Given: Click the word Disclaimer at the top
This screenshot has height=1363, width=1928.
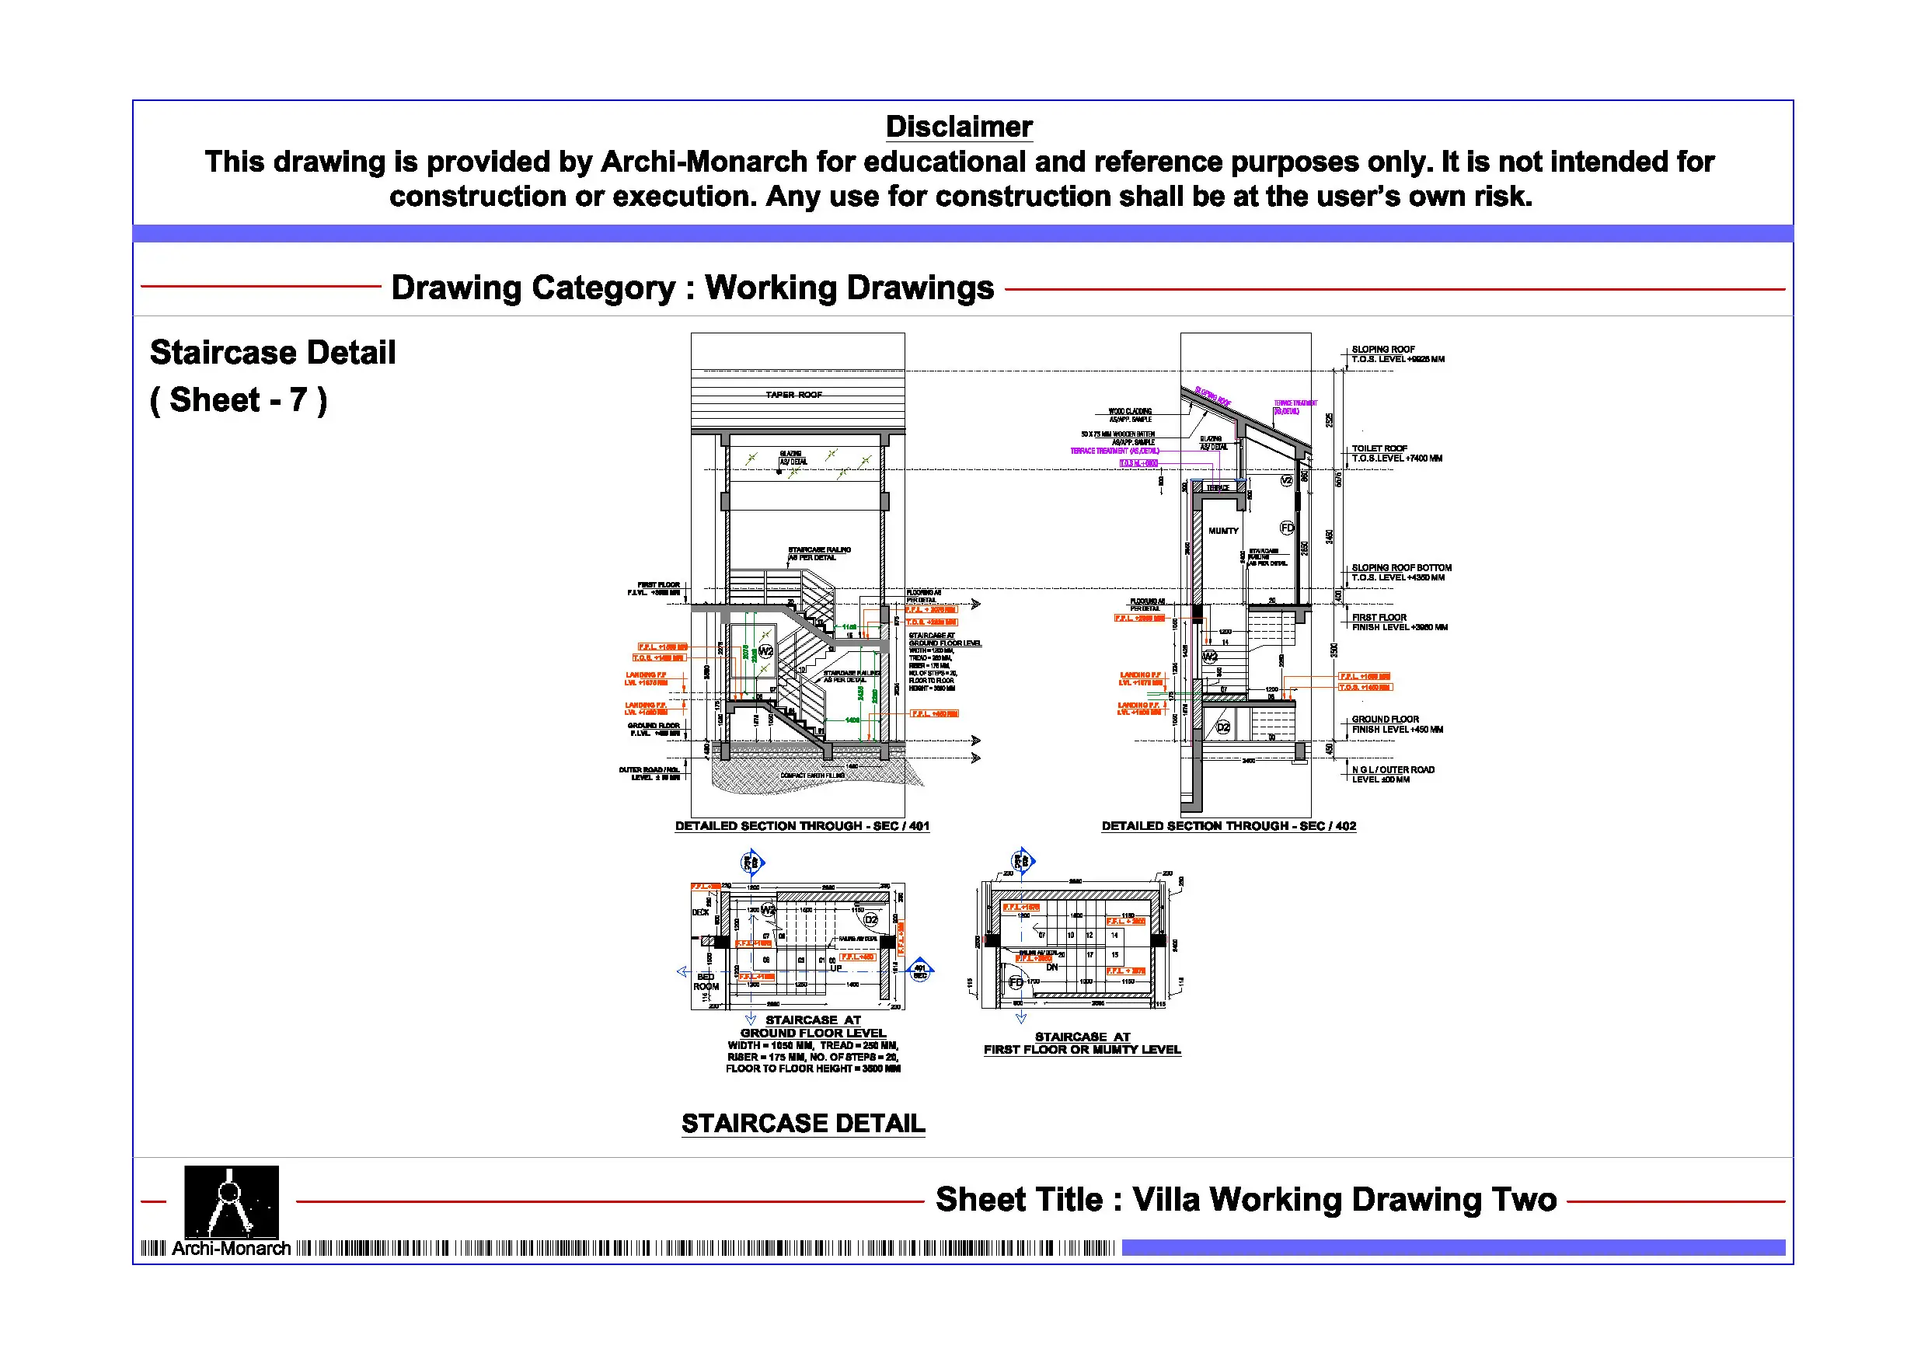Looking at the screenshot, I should pos(959,127).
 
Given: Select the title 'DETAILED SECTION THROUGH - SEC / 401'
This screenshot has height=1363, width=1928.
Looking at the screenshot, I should pos(802,825).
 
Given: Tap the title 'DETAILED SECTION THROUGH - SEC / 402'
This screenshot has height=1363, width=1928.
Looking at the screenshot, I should pos(1229,825).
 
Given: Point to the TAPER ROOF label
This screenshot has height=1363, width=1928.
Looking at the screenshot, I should pos(793,395).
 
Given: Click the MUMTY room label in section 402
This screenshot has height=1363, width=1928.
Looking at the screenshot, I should pos(1223,531).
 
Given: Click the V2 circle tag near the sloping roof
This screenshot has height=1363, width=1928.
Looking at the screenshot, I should pos(1286,480).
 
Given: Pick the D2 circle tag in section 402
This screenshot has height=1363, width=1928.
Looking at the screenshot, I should pos(1223,727).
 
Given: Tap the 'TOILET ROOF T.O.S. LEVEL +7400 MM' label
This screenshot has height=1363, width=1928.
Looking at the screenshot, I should pos(1396,454).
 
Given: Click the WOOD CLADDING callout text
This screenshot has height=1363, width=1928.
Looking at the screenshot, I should pos(1130,412).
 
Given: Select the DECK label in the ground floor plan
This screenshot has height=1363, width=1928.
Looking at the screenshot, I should pos(700,912).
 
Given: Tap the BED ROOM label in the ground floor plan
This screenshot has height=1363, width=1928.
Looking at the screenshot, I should pos(706,981).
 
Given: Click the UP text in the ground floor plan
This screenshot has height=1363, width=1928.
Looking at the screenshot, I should pos(836,968).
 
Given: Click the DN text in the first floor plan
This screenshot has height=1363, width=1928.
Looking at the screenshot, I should pos(1051,967).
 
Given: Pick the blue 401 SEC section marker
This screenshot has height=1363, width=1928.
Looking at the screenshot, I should pos(920,971).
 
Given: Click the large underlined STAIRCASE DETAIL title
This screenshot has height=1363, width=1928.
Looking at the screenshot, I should pos(803,1124).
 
